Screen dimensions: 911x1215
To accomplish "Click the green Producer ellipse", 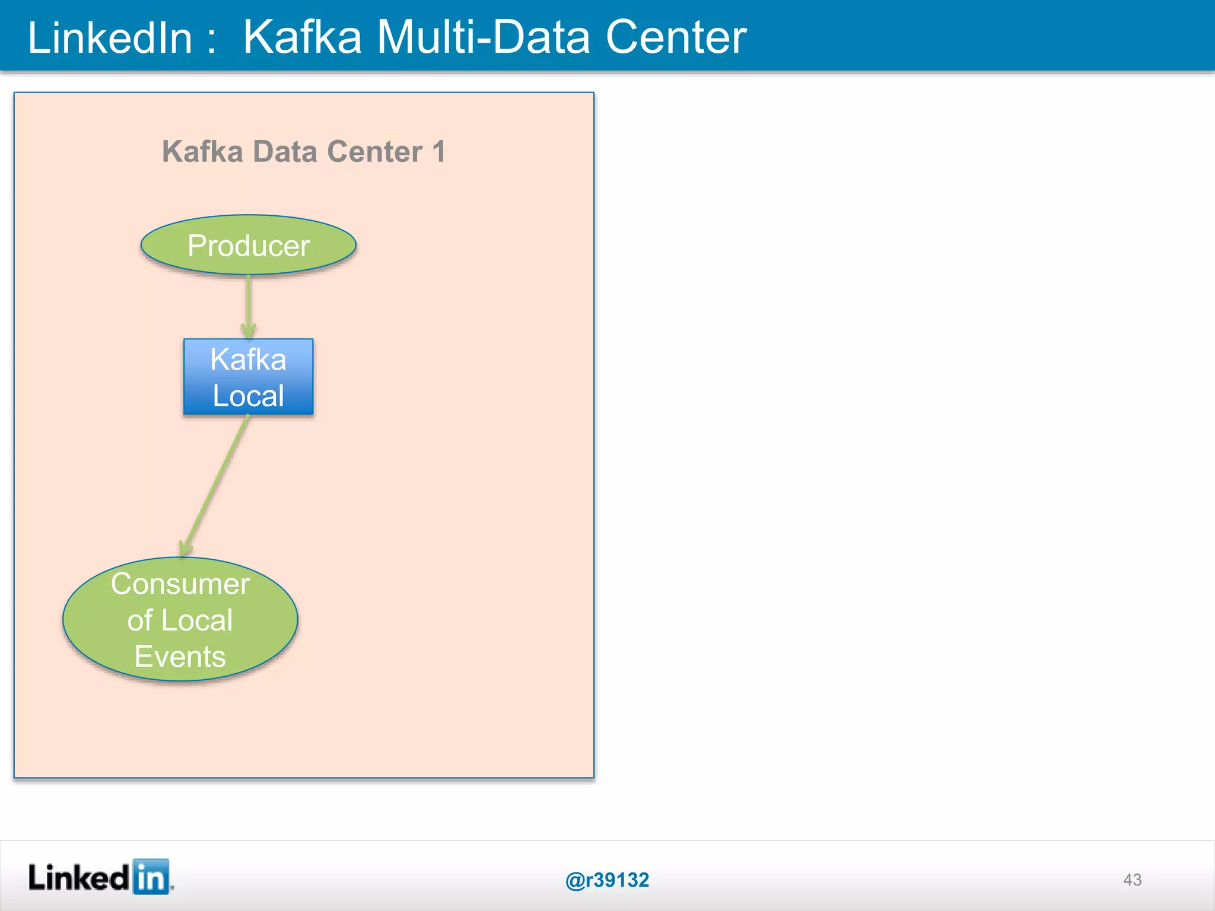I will pyautogui.click(x=248, y=245).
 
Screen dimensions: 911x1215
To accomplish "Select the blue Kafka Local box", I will pyautogui.click(x=248, y=377).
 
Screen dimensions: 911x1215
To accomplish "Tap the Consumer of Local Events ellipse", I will pyautogui.click(x=180, y=619).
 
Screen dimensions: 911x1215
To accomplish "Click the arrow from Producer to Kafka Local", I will pyautogui.click(x=248, y=305).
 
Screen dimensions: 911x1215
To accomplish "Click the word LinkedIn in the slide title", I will pyautogui.click(x=110, y=37).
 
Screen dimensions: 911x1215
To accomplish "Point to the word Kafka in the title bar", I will pyautogui.click(x=303, y=37).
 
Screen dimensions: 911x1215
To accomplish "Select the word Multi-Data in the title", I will pyautogui.click(x=484, y=37).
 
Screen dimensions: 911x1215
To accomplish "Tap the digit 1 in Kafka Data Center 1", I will pyautogui.click(x=438, y=151).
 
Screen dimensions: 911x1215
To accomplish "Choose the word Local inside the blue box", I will pyautogui.click(x=248, y=396).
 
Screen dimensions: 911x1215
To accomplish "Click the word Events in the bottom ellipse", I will pyautogui.click(x=180, y=657).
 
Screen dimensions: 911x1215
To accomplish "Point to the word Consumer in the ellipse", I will pyautogui.click(x=180, y=584).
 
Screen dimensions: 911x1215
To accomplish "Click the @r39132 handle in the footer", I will pyautogui.click(x=607, y=880).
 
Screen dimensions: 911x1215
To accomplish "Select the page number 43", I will pyautogui.click(x=1132, y=880).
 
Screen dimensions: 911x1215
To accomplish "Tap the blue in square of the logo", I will pyautogui.click(x=151, y=876).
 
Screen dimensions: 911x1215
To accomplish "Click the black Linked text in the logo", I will pyautogui.click(x=78, y=877).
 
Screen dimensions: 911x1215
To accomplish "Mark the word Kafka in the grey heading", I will pyautogui.click(x=202, y=151).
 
